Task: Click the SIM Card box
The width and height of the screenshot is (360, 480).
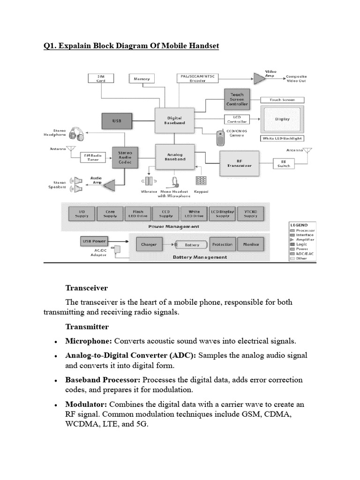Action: pos(101,78)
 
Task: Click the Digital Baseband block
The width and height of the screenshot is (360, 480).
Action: pos(174,120)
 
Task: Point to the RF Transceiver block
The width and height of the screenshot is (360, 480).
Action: pos(239,163)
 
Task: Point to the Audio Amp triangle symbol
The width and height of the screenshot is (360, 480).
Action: pos(109,185)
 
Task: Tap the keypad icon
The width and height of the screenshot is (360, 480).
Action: pos(201,181)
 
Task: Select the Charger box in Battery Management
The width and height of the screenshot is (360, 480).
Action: pos(150,244)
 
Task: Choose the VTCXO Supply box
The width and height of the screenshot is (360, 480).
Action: pos(250,214)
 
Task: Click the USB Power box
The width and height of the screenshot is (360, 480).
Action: pos(94,241)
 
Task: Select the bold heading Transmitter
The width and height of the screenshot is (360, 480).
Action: pos(87,327)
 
